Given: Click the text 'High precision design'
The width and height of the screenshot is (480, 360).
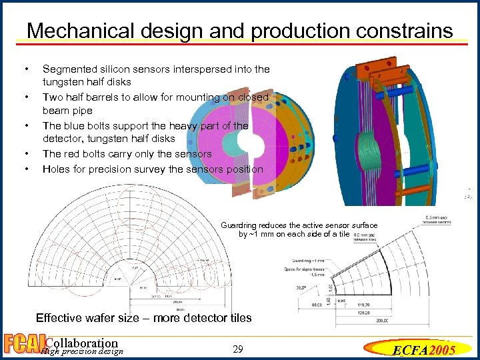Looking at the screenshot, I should pyautogui.click(x=81, y=351).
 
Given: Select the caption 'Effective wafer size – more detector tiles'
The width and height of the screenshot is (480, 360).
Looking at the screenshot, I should pyautogui.click(x=143, y=317).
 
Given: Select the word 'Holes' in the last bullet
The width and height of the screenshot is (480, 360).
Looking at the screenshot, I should pyautogui.click(x=57, y=169).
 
